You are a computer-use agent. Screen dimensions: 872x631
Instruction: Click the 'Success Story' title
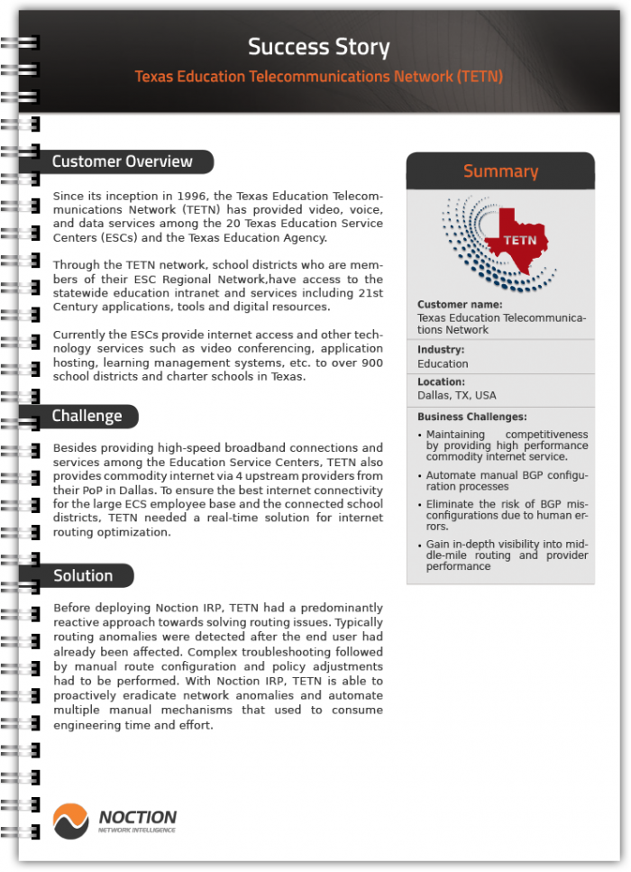click(x=318, y=47)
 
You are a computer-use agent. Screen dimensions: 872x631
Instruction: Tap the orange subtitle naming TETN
click(x=318, y=77)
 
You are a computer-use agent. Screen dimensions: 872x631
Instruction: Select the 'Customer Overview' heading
click(x=122, y=161)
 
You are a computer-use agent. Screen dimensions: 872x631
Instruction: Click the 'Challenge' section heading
click(x=87, y=416)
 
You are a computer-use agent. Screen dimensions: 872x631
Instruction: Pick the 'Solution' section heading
click(x=83, y=575)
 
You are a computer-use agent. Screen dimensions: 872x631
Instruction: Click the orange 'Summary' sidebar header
click(x=500, y=170)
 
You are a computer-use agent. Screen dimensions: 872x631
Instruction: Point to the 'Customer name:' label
click(x=460, y=305)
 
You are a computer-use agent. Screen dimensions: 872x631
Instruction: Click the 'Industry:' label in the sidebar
click(x=441, y=349)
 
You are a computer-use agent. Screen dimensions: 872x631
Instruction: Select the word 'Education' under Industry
click(x=443, y=363)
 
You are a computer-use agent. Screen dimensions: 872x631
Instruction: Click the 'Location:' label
click(x=441, y=381)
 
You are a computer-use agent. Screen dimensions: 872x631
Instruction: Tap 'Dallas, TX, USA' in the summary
click(x=457, y=395)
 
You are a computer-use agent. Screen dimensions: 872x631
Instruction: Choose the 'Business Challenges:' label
click(x=471, y=417)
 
